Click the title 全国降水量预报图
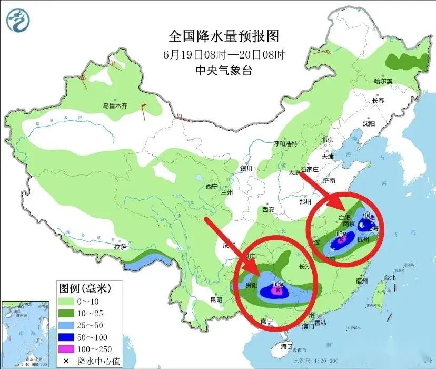223,36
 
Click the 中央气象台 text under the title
223,70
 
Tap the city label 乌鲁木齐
115,105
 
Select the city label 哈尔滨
383,81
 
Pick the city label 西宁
212,186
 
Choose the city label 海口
286,346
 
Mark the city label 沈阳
369,123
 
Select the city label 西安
268,209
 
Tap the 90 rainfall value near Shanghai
367,215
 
